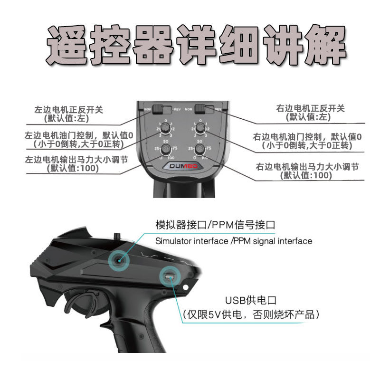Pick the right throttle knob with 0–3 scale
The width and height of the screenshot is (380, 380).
click(x=200, y=128)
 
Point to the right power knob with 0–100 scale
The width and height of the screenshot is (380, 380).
click(x=200, y=150)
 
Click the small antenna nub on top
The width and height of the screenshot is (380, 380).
click(x=115, y=235)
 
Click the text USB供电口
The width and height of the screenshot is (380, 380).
click(x=252, y=300)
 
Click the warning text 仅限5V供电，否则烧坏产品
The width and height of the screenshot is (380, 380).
click(x=252, y=314)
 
